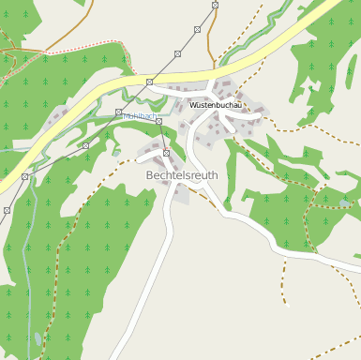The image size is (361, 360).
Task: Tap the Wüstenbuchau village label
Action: click(216, 105)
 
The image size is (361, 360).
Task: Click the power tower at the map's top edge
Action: click(216, 5)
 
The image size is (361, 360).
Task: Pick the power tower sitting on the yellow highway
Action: click(149, 82)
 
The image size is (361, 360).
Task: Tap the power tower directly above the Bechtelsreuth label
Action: click(167, 153)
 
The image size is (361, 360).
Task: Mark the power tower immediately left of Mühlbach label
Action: click(118, 112)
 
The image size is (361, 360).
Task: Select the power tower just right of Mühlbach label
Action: click(159, 121)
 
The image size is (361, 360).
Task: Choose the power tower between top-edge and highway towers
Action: click(197, 29)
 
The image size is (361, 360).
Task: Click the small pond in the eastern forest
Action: click(345, 202)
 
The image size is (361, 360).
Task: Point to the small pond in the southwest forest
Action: click(38, 337)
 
